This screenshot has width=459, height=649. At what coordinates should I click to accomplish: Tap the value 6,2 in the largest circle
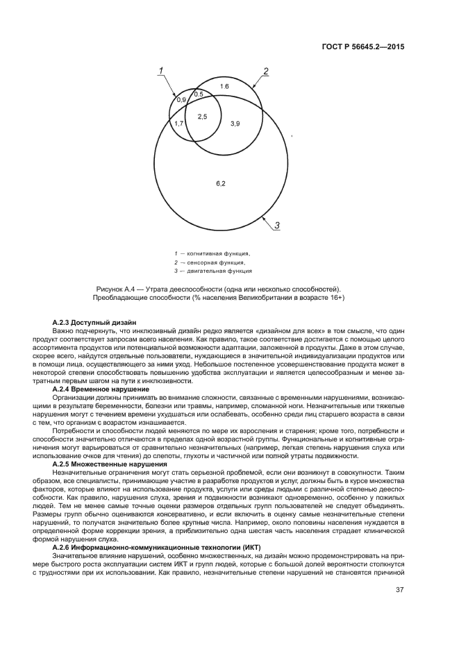click(220, 183)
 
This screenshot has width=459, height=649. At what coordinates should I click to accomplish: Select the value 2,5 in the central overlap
click(202, 117)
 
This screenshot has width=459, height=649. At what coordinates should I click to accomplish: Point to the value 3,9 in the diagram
click(235, 123)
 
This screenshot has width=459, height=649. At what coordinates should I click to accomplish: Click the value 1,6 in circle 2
click(224, 86)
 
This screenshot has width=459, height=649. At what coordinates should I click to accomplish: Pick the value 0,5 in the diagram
click(199, 94)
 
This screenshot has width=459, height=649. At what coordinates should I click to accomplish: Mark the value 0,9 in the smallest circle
click(181, 101)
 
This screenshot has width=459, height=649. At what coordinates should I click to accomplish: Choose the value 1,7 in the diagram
click(178, 123)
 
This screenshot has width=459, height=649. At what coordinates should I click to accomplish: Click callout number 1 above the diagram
click(160, 70)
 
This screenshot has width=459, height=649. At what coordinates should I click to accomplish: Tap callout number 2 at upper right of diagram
click(265, 71)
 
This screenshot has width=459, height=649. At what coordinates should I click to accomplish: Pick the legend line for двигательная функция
click(212, 271)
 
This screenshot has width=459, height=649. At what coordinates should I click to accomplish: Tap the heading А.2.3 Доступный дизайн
click(94, 323)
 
